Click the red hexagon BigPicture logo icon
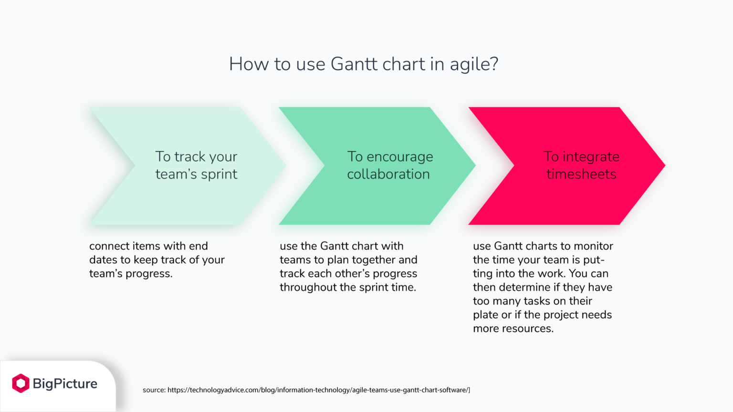click(21, 383)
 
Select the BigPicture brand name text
click(65, 383)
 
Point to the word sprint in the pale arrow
click(219, 175)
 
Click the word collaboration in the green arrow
click(388, 175)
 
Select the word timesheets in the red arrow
click(581, 175)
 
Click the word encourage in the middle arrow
click(400, 157)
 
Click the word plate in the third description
click(485, 315)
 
